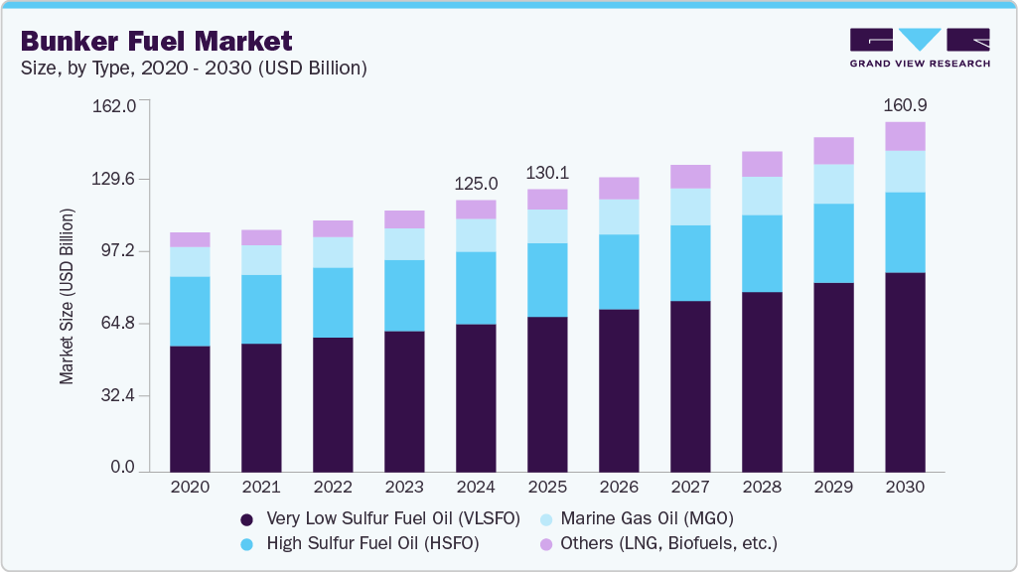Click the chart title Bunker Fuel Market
click(157, 41)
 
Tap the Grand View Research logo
click(920, 48)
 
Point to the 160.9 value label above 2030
click(905, 104)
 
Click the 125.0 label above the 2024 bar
click(476, 184)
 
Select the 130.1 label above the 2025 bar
click(547, 173)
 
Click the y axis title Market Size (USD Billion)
click(68, 296)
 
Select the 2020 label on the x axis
click(190, 488)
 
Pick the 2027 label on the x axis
click(690, 488)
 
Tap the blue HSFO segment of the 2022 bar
click(333, 302)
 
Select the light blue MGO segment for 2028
click(762, 196)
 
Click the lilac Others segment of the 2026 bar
click(619, 189)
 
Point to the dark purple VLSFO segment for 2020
click(190, 407)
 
